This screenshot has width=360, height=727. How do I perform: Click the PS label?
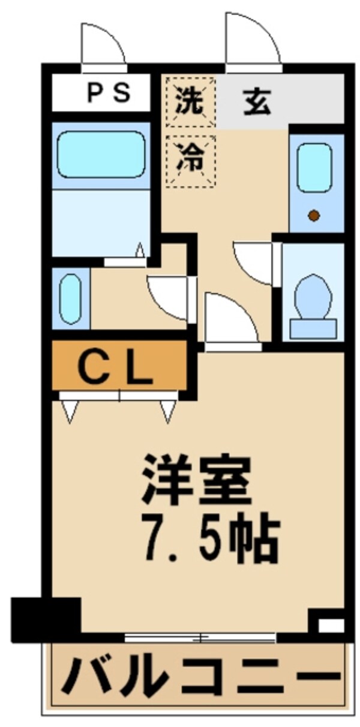109,93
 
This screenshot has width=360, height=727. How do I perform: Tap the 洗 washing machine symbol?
190,101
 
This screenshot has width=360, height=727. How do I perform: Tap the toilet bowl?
314,295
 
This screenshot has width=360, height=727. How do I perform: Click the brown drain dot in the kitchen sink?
314,216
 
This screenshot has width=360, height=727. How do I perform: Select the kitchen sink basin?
314,168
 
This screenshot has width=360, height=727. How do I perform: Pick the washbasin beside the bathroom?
70,298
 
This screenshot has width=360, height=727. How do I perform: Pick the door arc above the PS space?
103,42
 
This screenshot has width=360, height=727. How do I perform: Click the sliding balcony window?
201,637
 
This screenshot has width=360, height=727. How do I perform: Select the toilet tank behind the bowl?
313,328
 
